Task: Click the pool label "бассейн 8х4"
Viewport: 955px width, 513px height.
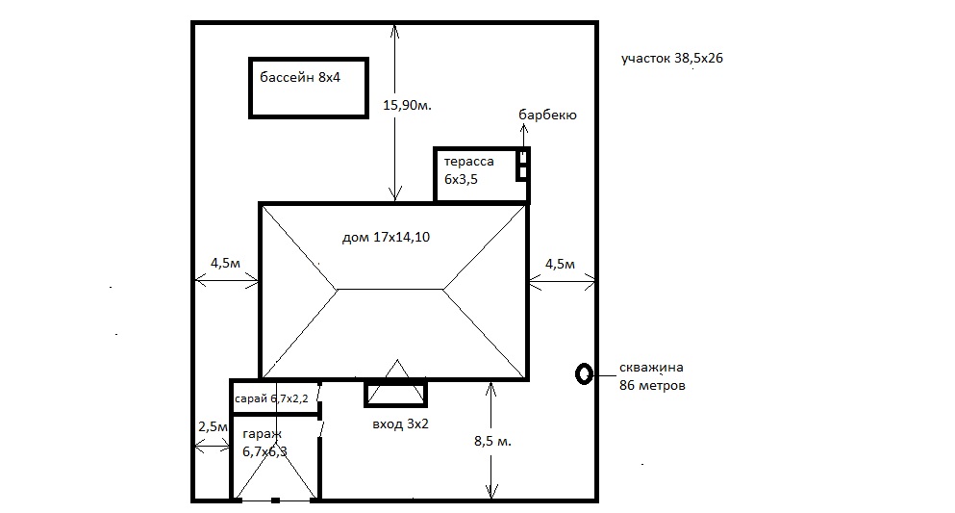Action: point(300,77)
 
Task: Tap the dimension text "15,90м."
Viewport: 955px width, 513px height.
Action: point(407,106)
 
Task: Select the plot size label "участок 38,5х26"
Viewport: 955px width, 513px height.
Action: point(672,59)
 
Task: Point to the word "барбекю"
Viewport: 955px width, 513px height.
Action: point(547,115)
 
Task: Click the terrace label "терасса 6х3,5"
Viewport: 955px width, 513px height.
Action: point(468,170)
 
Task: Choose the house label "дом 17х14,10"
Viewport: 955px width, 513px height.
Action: point(386,237)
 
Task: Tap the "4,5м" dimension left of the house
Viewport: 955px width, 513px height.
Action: point(225,263)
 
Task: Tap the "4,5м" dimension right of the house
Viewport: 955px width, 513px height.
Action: point(560,265)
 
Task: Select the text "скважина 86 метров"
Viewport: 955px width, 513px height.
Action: point(652,376)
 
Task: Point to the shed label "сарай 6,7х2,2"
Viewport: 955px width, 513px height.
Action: point(271,398)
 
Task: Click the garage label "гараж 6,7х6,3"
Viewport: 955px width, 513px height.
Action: point(264,443)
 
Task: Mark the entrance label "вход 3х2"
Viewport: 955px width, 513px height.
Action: point(400,424)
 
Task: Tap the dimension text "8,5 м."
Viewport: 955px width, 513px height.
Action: point(492,441)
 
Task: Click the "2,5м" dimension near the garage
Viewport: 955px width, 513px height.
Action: point(213,426)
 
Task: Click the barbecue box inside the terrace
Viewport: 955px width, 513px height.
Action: point(522,166)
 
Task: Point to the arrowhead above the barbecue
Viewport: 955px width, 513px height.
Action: point(524,128)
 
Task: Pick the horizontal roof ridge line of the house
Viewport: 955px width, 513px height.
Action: point(390,290)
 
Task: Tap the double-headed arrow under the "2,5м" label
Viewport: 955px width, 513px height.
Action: point(212,449)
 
